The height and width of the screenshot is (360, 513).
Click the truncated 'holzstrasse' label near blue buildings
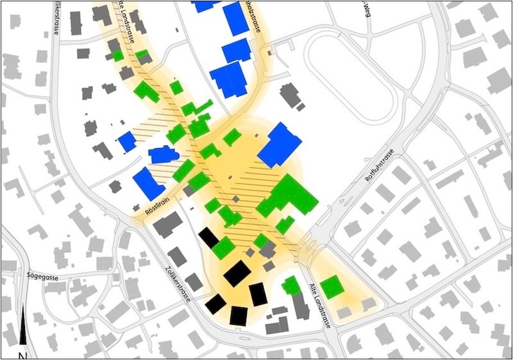tap(252, 16)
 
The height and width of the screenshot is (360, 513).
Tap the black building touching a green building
tap(209, 238)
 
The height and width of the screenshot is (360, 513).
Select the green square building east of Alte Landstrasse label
tap(332, 287)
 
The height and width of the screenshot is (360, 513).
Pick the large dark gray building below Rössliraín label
tap(168, 225)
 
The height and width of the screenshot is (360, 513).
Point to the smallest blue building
tap(127, 141)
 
